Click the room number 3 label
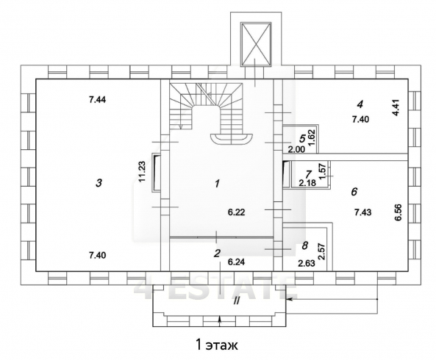click(99, 183)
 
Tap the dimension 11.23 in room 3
click(142, 172)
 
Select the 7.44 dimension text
click(97, 99)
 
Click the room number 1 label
click(217, 184)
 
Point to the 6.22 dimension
click(236, 212)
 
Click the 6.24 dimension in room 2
click(236, 262)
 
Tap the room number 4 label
click(360, 105)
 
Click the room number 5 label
click(302, 138)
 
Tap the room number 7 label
click(308, 174)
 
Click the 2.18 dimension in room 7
click(307, 183)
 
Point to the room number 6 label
click(354, 192)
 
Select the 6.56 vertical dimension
click(398, 212)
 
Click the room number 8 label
click(305, 245)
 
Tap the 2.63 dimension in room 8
click(307, 263)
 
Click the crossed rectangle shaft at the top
click(256, 44)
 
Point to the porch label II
click(236, 300)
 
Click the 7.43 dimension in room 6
click(363, 212)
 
